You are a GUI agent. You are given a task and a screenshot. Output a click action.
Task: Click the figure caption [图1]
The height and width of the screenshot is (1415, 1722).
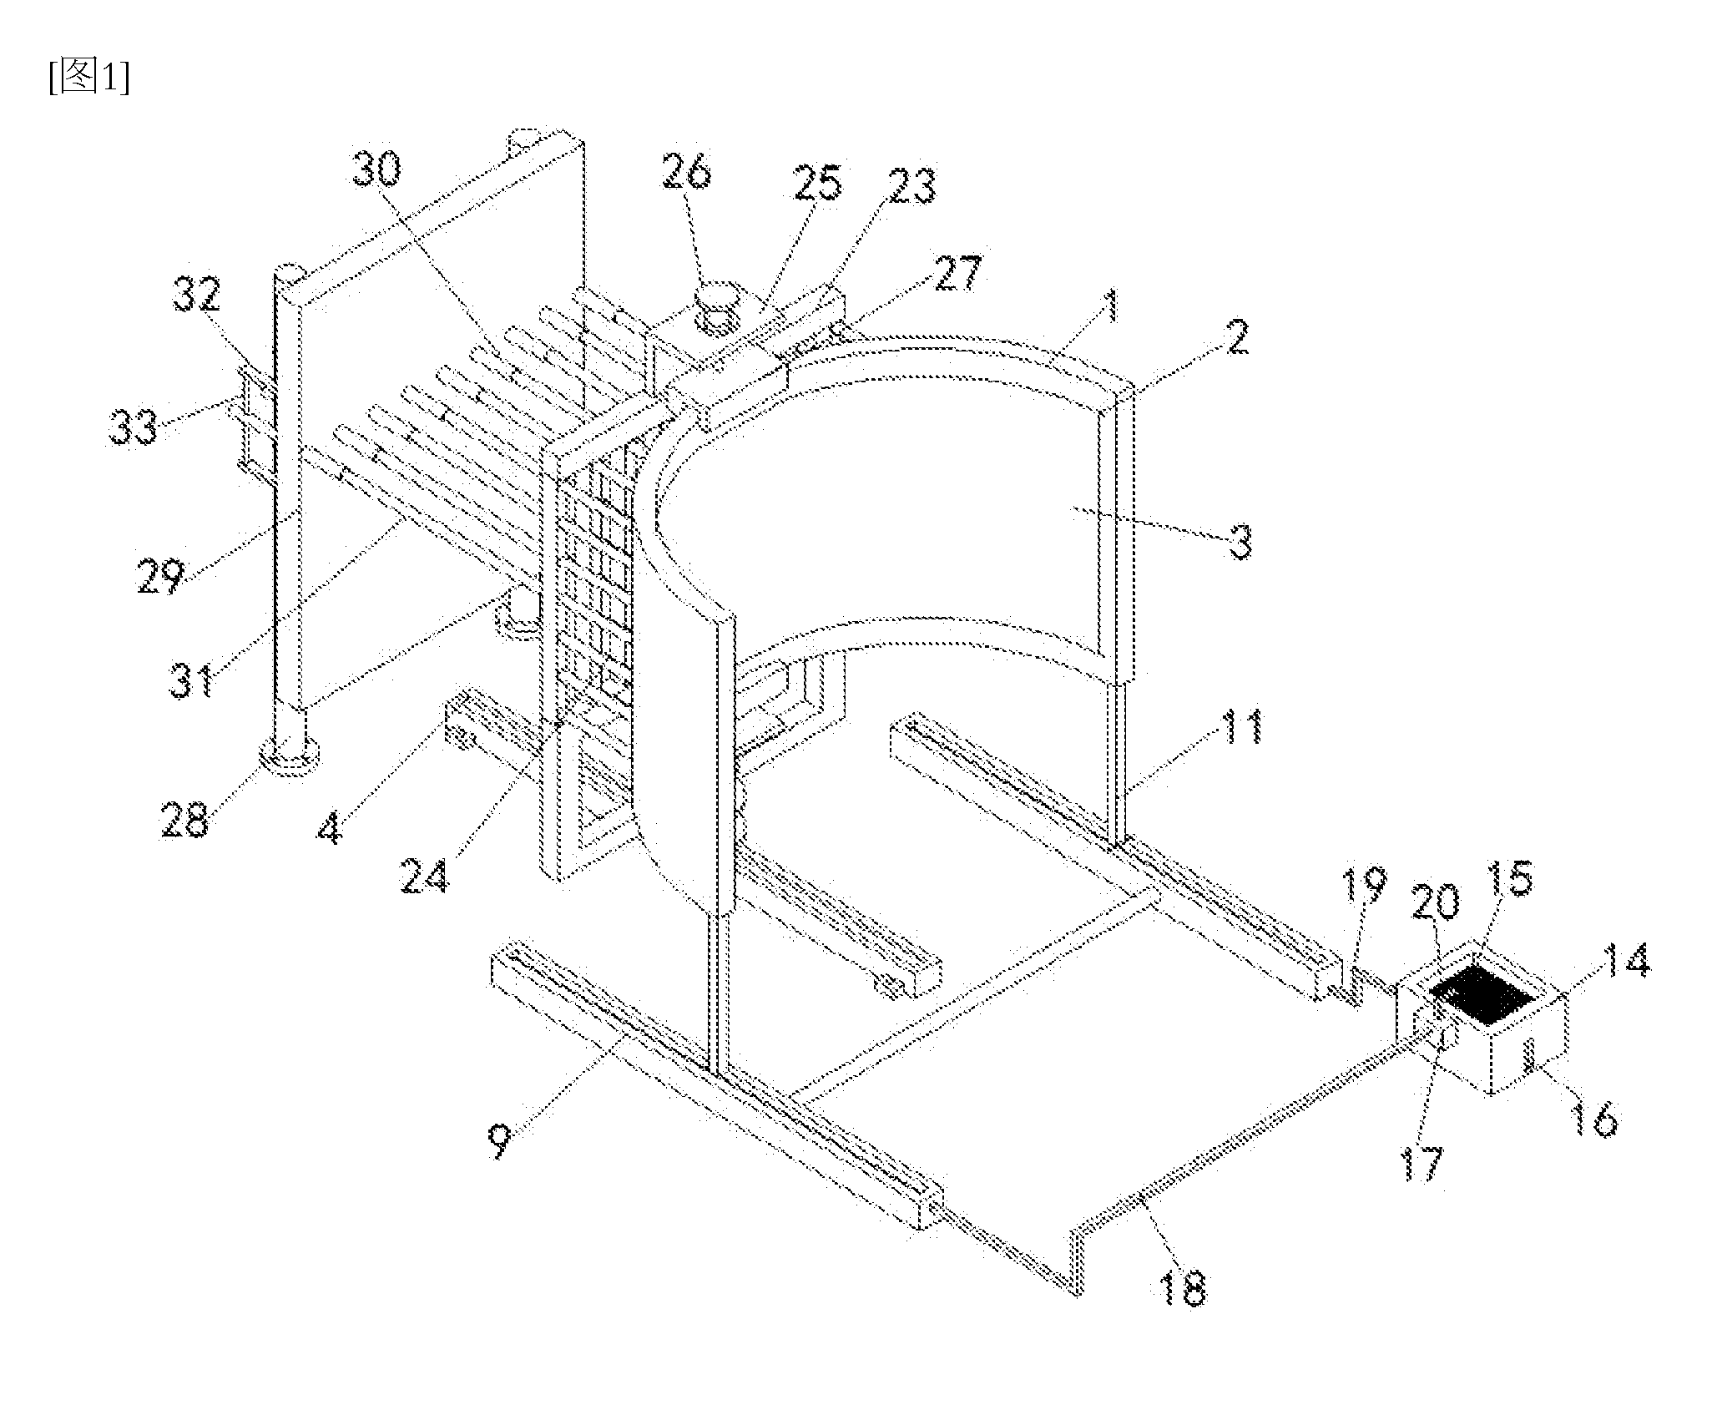[88, 79]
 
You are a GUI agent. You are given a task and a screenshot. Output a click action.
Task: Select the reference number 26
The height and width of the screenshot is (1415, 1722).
[686, 173]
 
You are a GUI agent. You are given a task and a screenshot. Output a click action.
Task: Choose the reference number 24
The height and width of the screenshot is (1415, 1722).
[424, 876]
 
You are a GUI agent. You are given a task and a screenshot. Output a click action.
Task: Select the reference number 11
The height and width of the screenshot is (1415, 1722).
[1238, 726]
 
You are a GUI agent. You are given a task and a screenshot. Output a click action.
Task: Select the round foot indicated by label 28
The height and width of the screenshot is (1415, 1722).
[289, 753]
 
